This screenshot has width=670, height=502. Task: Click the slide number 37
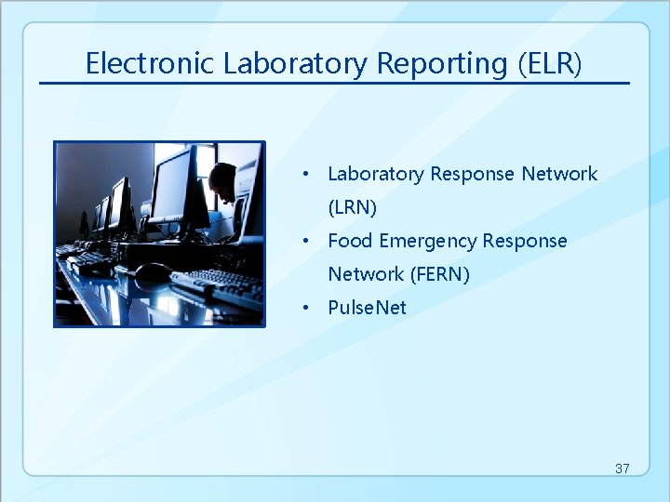(x=622, y=469)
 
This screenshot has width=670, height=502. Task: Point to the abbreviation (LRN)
(x=352, y=207)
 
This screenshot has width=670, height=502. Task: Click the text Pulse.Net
(x=367, y=308)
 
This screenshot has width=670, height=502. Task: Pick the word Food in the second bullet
(x=350, y=241)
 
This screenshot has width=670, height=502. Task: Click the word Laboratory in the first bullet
(x=375, y=174)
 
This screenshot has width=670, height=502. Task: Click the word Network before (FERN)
(x=366, y=274)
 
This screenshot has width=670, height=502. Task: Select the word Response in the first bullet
(x=472, y=174)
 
